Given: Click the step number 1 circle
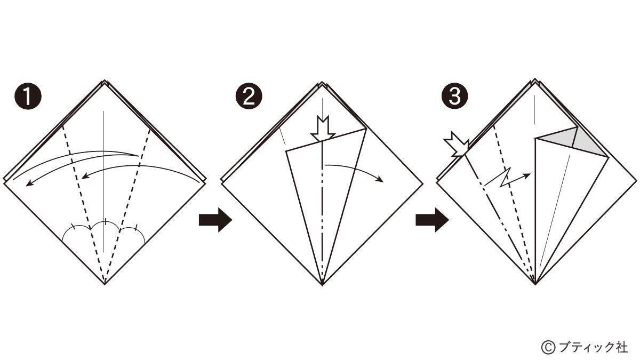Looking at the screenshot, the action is (28, 97).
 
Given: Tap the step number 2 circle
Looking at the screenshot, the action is (249, 97).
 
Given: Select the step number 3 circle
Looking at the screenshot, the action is (454, 97).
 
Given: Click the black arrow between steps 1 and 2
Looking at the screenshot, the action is (215, 220).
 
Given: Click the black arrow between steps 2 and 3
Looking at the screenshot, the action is (432, 220).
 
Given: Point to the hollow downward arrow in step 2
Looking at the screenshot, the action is (323, 129).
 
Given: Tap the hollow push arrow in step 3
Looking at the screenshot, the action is (457, 145).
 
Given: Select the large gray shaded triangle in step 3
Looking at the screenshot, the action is (590, 145).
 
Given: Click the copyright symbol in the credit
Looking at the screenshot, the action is (548, 347).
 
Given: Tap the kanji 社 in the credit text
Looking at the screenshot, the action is (621, 347).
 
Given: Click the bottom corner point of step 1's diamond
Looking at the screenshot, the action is (105, 285).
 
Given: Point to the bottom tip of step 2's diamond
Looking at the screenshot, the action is (322, 285).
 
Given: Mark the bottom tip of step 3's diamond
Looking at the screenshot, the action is (535, 285).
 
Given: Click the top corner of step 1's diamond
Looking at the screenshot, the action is (105, 81).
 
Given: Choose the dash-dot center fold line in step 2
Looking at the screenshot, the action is (323, 213).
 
